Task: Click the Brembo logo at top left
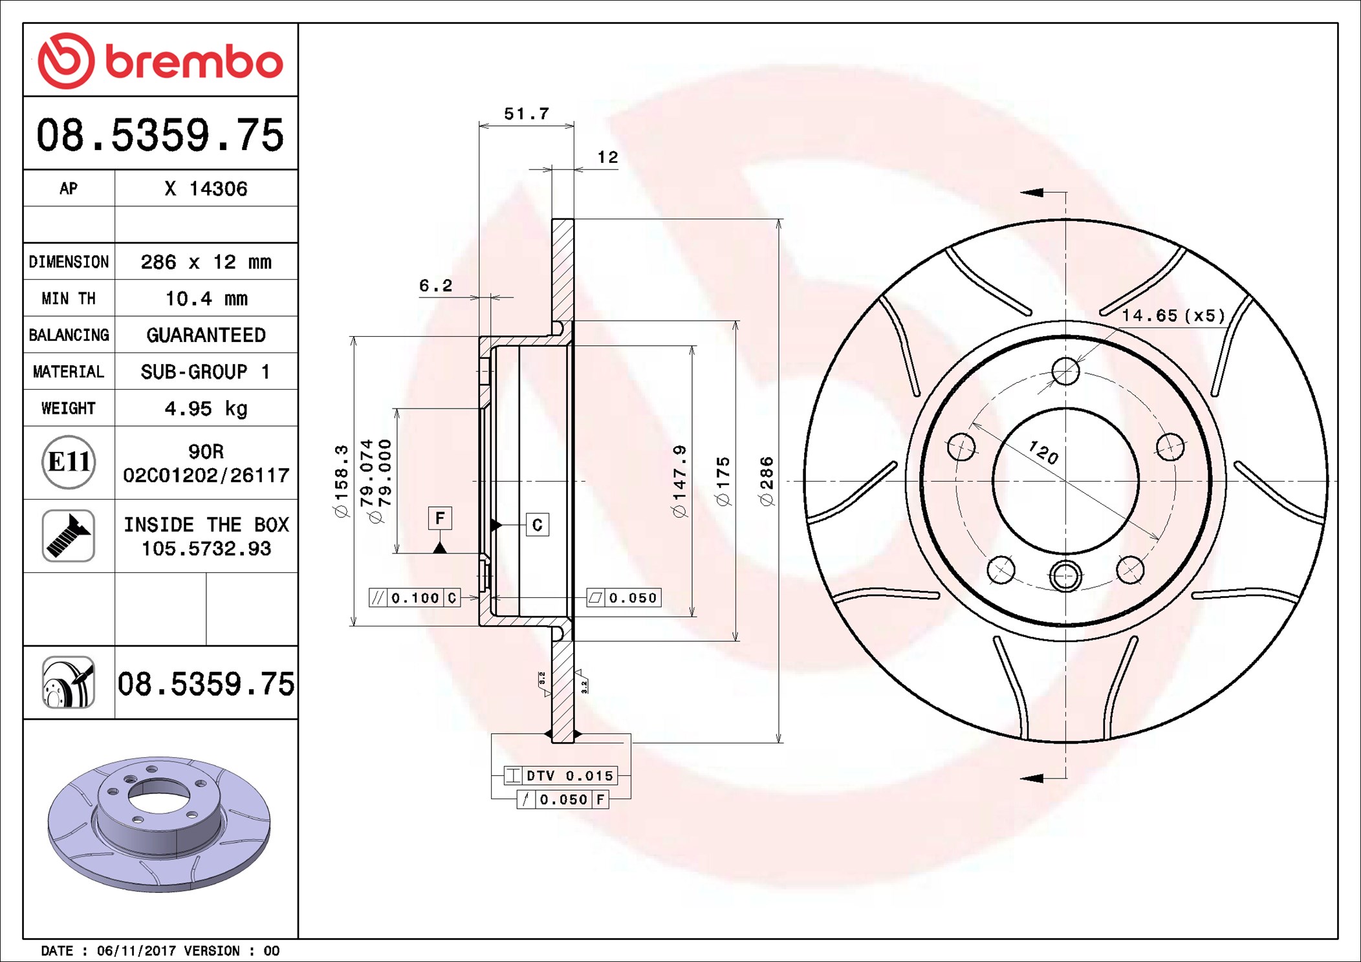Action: coord(160,61)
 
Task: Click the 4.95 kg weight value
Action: coord(206,409)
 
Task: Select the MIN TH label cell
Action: coord(69,299)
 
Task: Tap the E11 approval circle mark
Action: coord(69,462)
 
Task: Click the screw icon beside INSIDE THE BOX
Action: coord(69,536)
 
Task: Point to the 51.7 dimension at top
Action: coord(527,114)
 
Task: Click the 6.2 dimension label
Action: coord(435,286)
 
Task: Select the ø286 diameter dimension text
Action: coord(767,481)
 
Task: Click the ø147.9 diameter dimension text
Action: coord(679,481)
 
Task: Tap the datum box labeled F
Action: coord(440,518)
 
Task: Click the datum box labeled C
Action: coord(537,525)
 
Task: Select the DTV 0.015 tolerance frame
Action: coord(561,776)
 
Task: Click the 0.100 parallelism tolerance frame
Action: coord(415,598)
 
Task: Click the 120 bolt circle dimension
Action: coord(1043,453)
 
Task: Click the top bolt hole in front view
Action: coord(1065,372)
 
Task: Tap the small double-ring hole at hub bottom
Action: coord(1065,575)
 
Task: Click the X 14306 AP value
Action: coord(206,189)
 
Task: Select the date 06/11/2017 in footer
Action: coord(136,951)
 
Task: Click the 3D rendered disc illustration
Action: coord(159,824)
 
